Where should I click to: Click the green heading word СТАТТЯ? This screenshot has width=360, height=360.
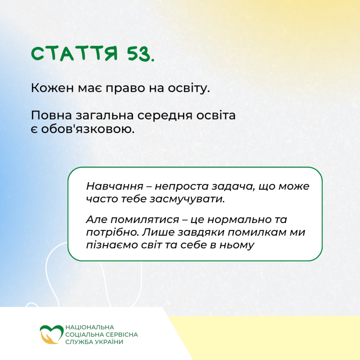point(74,54)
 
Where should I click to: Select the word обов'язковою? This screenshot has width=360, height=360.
point(88,129)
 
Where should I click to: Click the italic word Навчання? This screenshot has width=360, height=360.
point(115,186)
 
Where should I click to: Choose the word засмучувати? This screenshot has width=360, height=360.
point(187,199)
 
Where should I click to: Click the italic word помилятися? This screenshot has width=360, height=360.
point(145,220)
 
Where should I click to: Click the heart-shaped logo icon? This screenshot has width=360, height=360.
point(51,334)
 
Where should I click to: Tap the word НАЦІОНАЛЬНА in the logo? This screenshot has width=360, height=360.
point(90,327)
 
